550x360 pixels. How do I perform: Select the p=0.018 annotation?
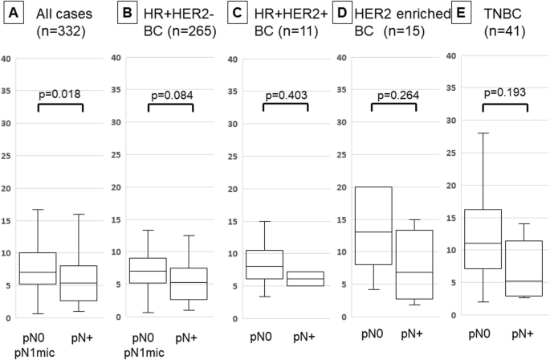click(61, 93)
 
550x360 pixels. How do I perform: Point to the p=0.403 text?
click(286, 93)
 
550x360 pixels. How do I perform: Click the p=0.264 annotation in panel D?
click(394, 93)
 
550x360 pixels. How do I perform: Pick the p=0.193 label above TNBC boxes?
click(504, 91)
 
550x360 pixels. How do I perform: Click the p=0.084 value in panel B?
click(171, 93)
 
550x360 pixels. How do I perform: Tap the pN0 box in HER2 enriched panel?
click(373, 225)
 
